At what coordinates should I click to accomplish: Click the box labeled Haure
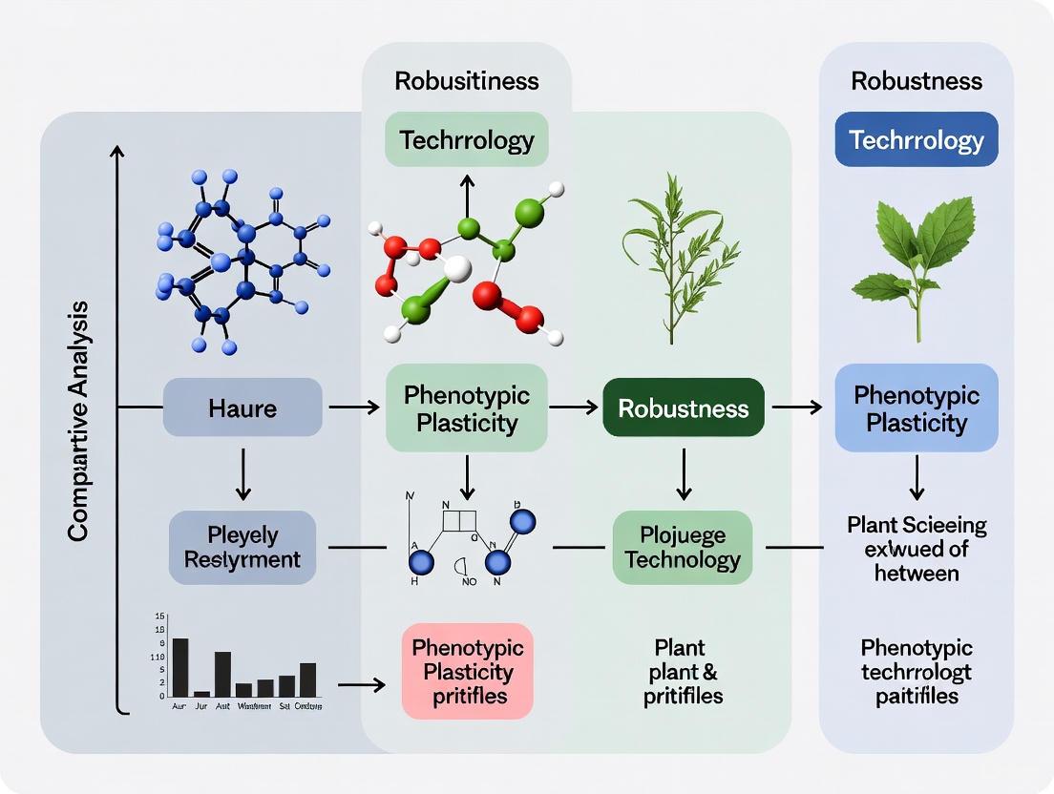coord(242,408)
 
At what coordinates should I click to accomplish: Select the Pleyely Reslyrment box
coord(242,547)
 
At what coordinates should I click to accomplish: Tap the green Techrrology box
coord(467,140)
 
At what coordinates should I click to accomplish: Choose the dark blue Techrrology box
coord(917,140)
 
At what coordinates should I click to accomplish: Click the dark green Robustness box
coord(684,408)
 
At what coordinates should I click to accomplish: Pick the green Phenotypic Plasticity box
coord(467,407)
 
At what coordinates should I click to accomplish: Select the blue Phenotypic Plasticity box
coord(917,407)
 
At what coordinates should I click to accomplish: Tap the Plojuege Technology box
coord(683,547)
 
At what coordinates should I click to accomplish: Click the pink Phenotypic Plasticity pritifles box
coord(468,671)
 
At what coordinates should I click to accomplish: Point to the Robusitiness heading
coord(467,80)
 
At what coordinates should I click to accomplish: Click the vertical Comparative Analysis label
coord(78,420)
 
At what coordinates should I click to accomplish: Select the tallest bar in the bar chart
coord(179,666)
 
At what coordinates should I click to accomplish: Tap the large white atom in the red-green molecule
coord(457,269)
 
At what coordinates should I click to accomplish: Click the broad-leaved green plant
coord(916,262)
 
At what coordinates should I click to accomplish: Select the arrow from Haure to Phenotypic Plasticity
coord(353,408)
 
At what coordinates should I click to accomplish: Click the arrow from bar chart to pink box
coord(361,684)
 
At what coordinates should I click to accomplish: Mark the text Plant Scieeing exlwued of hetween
coord(917,548)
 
